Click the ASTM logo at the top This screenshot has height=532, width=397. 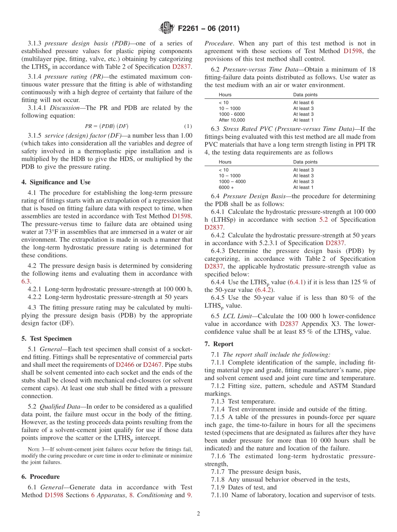pos(166,28)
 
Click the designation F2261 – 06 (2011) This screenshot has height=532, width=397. pos(209,29)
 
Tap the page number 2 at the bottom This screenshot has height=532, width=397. pos(198,514)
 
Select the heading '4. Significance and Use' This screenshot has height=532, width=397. pos(56,182)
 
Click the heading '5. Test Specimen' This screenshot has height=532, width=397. pos(46,338)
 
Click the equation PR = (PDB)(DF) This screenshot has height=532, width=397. pos(107,126)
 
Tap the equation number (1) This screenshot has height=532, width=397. pos(188,126)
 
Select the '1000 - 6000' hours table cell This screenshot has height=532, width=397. pos(232,114)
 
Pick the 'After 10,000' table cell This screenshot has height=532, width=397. pos(232,120)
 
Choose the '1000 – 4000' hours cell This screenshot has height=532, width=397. pos(232,182)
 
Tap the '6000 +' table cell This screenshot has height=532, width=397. pos(226,187)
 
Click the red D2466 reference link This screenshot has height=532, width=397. pos(125,364)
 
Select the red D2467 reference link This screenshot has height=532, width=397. pos(152,364)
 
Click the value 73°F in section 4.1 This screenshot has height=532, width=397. pos(54,232)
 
